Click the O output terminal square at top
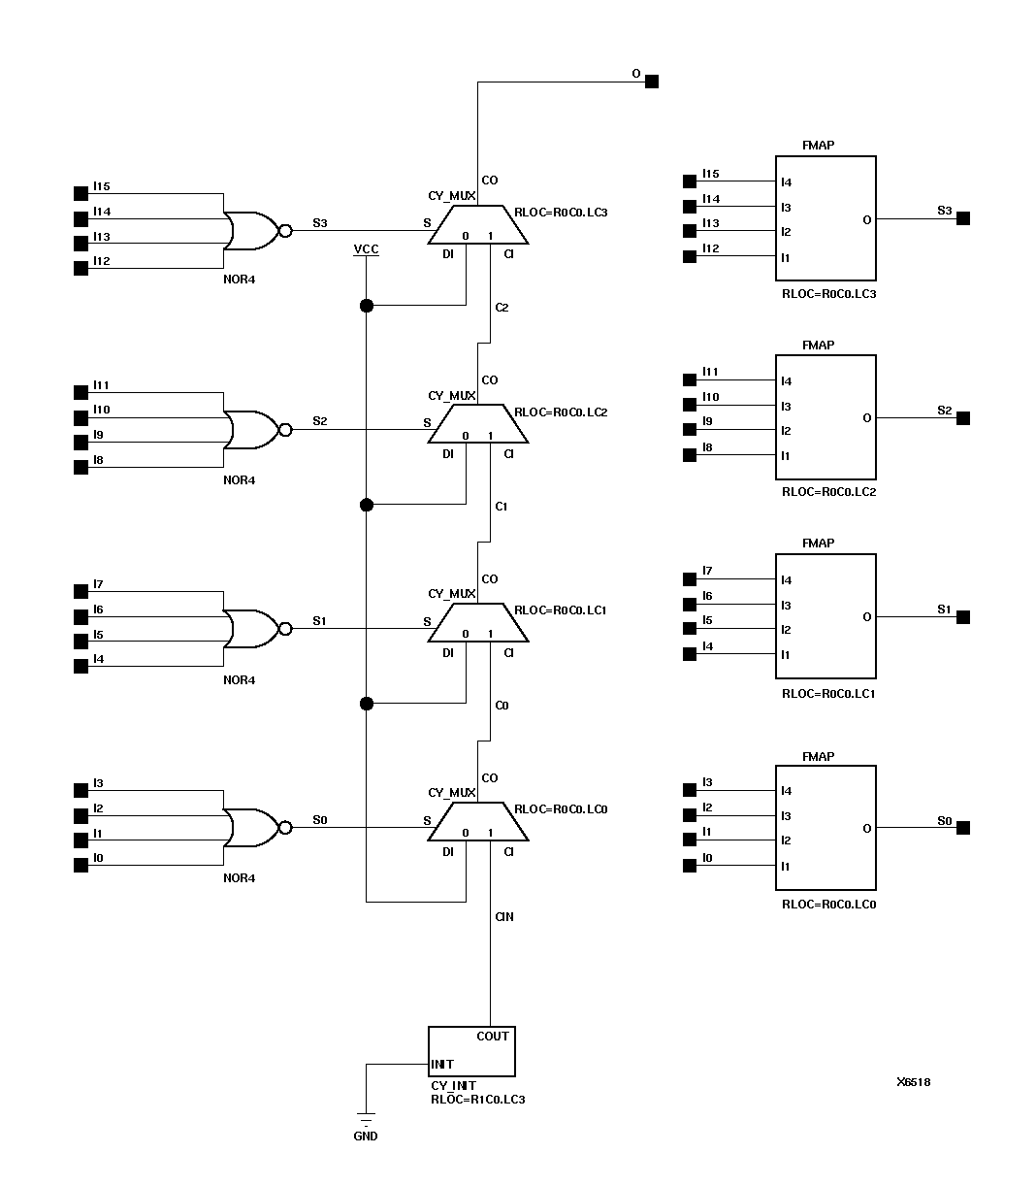pyautogui.click(x=652, y=82)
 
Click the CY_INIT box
pyautogui.click(x=471, y=1051)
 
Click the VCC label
pyautogui.click(x=366, y=249)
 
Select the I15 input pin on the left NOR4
pyautogui.click(x=81, y=193)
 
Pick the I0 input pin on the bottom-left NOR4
pyautogui.click(x=81, y=865)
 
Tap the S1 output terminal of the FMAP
pyautogui.click(x=963, y=617)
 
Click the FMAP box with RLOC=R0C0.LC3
pyautogui.click(x=826, y=218)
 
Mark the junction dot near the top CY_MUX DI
pyautogui.click(x=366, y=306)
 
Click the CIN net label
pyautogui.click(x=504, y=916)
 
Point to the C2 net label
pyautogui.click(x=502, y=308)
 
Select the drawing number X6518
pyautogui.click(x=913, y=1082)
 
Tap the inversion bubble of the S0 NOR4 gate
pyautogui.click(x=285, y=828)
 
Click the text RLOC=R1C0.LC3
pyautogui.click(x=478, y=1100)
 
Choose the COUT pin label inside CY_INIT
pyautogui.click(x=493, y=1036)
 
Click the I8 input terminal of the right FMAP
pyautogui.click(x=690, y=454)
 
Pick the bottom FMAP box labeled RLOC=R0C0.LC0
pyautogui.click(x=826, y=828)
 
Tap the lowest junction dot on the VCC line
pyautogui.click(x=366, y=704)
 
